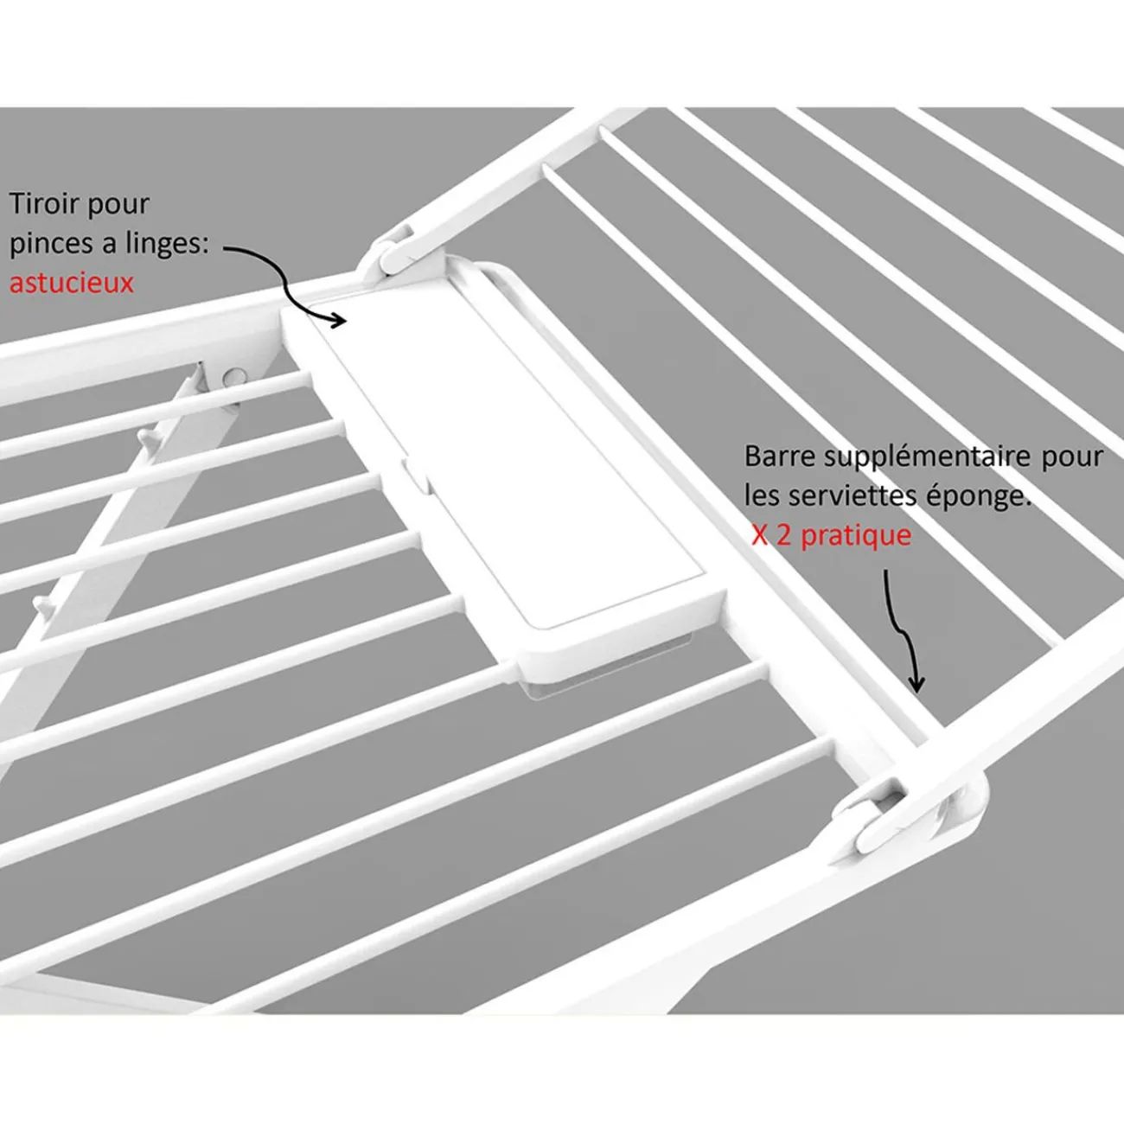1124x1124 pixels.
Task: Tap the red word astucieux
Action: [x=71, y=283]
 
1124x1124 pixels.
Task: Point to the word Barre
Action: [x=779, y=456]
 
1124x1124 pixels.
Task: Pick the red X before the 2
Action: [x=759, y=535]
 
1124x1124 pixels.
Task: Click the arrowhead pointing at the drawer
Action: [x=338, y=319]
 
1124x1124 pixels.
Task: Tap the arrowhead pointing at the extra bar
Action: [x=917, y=682]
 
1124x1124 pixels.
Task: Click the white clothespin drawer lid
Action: [x=507, y=461]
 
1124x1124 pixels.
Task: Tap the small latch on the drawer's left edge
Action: [x=416, y=476]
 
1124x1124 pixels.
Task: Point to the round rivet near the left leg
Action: [x=234, y=377]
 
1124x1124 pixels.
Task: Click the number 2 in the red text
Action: [x=783, y=535]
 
